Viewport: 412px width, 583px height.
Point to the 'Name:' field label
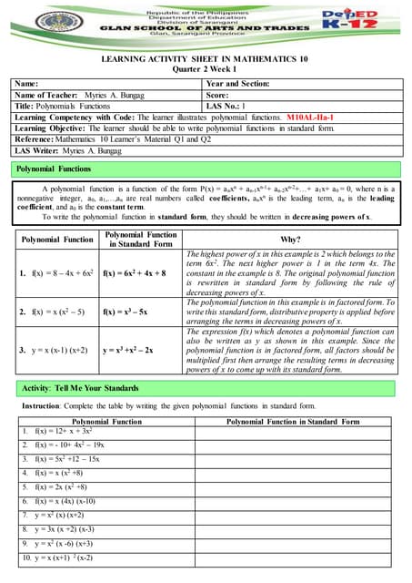28,83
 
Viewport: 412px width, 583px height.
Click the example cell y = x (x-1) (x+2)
56,349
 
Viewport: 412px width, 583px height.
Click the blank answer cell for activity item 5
296,488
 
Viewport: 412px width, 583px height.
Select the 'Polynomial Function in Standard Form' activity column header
296,421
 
